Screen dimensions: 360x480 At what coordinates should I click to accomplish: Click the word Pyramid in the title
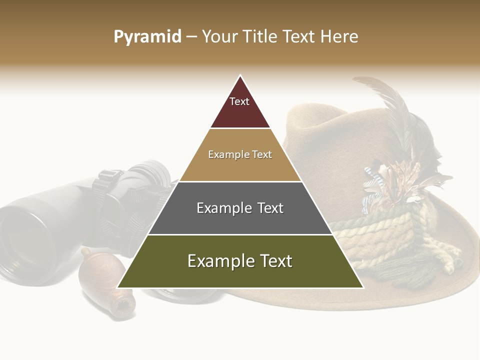[x=147, y=37]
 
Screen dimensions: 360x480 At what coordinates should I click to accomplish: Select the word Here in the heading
[x=339, y=37]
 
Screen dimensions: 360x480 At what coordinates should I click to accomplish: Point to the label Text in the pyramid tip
[x=239, y=101]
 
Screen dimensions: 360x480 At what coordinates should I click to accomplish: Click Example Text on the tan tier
[x=240, y=154]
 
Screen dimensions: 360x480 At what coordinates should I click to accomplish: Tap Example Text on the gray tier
[x=240, y=208]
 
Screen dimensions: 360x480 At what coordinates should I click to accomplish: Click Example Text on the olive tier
[x=240, y=261]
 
